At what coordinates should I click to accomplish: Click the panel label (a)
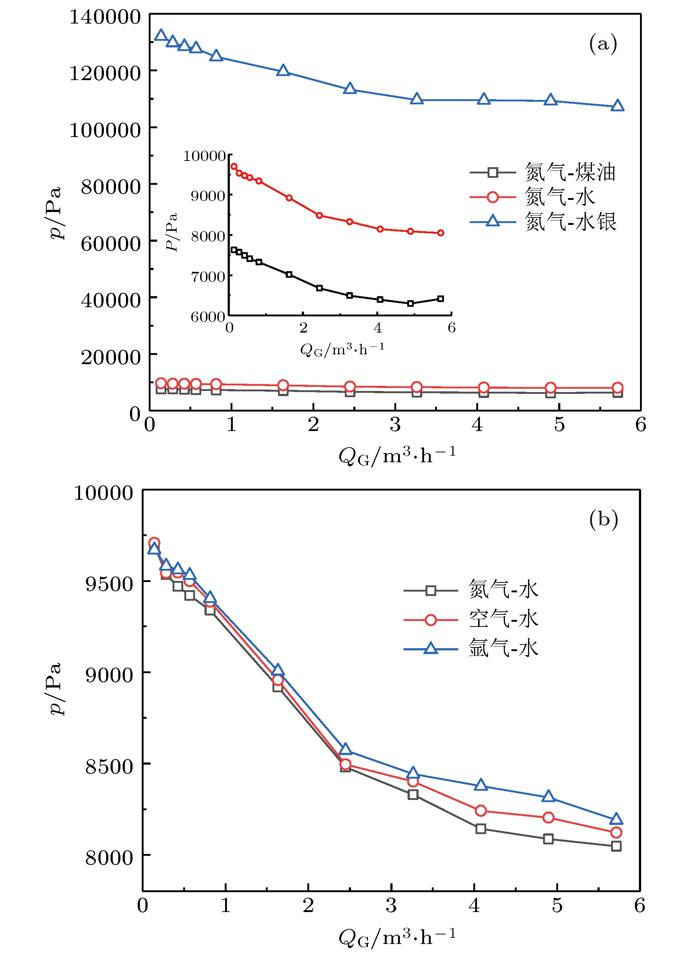(603, 43)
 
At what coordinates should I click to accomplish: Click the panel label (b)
(603, 519)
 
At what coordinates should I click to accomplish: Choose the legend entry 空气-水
(503, 619)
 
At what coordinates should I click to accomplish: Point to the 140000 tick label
(105, 17)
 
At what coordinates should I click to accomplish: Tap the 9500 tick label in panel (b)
(109, 584)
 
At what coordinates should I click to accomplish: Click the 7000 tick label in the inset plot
(208, 276)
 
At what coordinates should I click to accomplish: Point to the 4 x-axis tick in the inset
(377, 328)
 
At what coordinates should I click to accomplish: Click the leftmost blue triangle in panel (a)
(160, 35)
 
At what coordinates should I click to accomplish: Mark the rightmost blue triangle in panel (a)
(617, 106)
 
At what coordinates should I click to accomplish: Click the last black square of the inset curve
(441, 298)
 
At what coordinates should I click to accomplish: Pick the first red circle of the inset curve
(234, 166)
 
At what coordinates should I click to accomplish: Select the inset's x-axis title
(342, 349)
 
